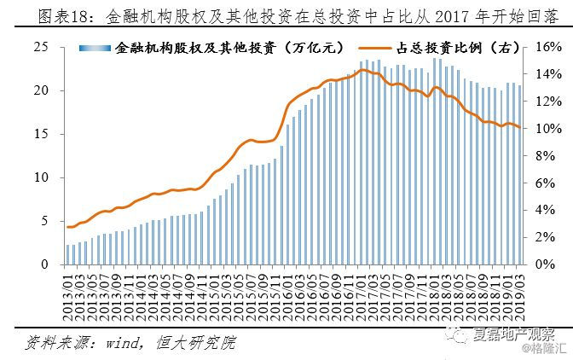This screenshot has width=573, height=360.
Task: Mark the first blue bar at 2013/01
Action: pos(67,254)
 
